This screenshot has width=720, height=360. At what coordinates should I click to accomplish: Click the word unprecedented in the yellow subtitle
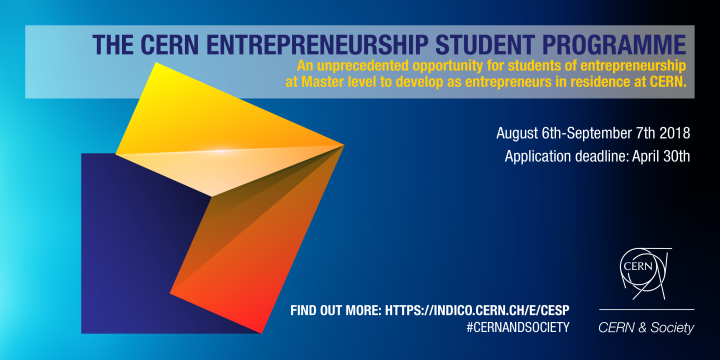coord(365,65)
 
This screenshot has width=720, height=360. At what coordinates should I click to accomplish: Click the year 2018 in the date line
coord(673,133)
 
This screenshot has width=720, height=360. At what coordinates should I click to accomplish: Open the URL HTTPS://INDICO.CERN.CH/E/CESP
coord(477,310)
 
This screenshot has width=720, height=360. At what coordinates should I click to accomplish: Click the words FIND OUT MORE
coord(335,310)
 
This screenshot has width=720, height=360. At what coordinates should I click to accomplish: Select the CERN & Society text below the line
coord(646,327)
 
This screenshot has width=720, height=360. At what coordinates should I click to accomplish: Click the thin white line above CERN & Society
coord(646,309)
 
